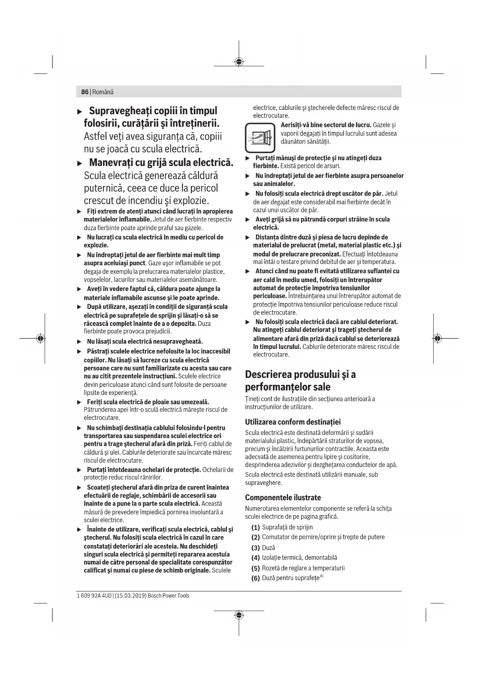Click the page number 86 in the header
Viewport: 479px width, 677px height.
click(x=85, y=92)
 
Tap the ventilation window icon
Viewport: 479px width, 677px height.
click(x=260, y=137)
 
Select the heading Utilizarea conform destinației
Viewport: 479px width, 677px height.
click(x=293, y=422)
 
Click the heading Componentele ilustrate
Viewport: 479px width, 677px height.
click(x=283, y=498)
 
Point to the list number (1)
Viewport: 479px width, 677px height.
click(x=256, y=527)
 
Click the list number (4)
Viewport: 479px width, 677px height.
click(x=256, y=558)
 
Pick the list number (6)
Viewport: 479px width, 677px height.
click(x=256, y=578)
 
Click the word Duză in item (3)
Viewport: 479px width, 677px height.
click(x=268, y=548)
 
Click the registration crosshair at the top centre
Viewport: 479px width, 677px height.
click(x=239, y=62)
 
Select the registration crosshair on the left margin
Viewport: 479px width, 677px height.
click(x=40, y=338)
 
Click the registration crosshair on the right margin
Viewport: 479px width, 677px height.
click(x=437, y=338)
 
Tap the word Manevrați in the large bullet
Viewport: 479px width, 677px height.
click(x=116, y=162)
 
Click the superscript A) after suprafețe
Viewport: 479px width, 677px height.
click(x=322, y=576)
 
